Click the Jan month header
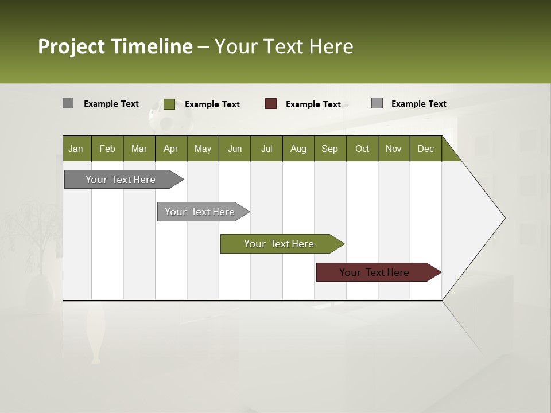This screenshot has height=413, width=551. tap(76, 149)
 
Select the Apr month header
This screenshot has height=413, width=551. tap(170, 149)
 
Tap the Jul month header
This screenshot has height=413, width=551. tap(266, 149)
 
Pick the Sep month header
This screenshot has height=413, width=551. tap(329, 149)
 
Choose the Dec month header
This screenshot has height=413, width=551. tap(425, 149)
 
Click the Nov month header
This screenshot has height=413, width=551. tap(393, 149)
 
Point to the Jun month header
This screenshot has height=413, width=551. tap(234, 149)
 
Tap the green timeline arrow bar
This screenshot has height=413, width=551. tap(280, 244)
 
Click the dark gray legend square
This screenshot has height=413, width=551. tap(68, 103)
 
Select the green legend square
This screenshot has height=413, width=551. tap(169, 104)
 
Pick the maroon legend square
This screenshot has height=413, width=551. tap(271, 104)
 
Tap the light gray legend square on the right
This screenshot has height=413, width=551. tap(377, 103)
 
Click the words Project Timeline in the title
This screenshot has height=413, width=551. tap(115, 46)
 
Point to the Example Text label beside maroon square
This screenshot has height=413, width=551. tap(313, 104)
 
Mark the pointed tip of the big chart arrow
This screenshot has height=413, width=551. tap(504, 218)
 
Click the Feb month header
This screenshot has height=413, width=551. tap(107, 149)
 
